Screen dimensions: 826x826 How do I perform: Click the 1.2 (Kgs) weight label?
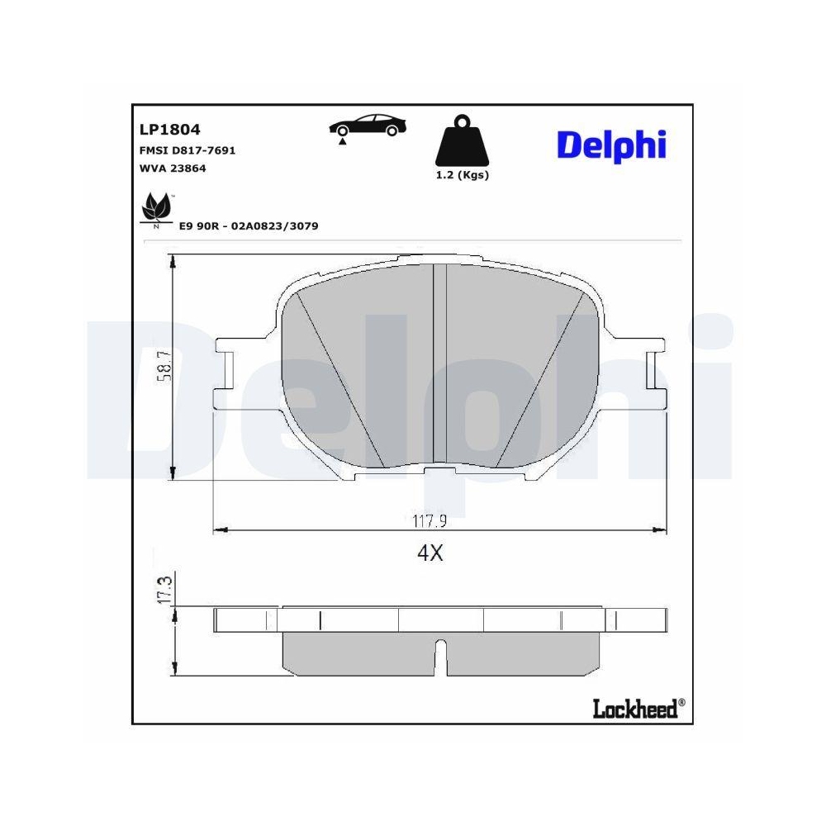click(462, 175)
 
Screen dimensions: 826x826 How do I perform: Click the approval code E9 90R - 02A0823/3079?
click(249, 225)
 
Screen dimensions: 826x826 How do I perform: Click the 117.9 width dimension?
click(430, 521)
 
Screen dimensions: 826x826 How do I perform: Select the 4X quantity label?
click(430, 553)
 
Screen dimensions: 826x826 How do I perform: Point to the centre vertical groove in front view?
click(439, 363)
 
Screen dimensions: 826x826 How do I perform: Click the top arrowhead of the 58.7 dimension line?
click(172, 260)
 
